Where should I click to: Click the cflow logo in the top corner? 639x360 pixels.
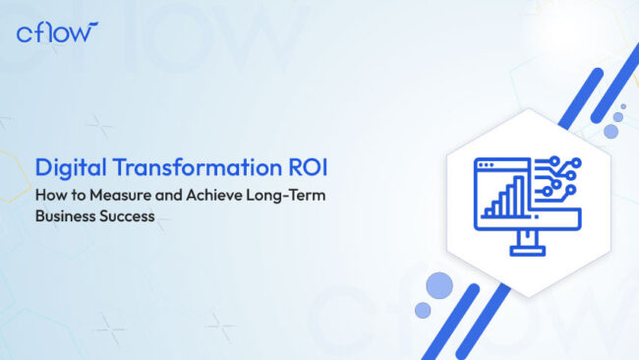[57, 31]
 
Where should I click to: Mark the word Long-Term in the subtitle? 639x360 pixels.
[285, 197]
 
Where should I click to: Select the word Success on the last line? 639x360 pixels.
[128, 216]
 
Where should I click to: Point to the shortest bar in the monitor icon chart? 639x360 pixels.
[485, 210]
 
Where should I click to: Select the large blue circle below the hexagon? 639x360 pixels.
[438, 286]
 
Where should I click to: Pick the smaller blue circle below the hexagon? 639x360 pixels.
[423, 310]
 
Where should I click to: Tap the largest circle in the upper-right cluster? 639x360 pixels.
[611, 130]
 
